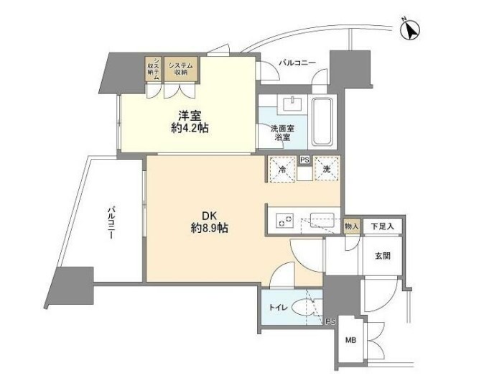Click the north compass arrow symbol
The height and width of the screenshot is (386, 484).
click(410, 30)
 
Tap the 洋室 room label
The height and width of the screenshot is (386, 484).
click(190, 116)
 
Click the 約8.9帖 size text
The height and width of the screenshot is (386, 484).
click(209, 228)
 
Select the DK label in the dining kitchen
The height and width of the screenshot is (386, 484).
click(210, 215)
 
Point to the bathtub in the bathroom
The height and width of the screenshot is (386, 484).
click(322, 121)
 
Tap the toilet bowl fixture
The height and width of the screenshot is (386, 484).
click(303, 308)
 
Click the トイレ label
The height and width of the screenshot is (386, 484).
click(278, 308)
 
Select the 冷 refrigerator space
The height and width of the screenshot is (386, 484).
click(282, 170)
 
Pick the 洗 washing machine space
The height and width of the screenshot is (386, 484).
click(327, 169)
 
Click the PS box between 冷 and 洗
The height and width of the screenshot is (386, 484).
click(304, 160)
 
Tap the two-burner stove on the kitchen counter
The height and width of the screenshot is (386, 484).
click(284, 221)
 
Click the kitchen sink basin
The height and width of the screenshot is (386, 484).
click(322, 220)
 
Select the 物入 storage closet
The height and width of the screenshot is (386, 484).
click(352, 226)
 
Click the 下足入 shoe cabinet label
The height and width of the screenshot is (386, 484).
click(383, 226)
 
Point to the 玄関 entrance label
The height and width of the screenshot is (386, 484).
click(383, 256)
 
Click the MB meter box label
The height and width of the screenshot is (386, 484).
click(350, 340)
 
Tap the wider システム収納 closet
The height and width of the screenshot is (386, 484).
click(180, 69)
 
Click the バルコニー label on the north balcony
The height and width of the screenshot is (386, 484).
click(297, 63)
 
